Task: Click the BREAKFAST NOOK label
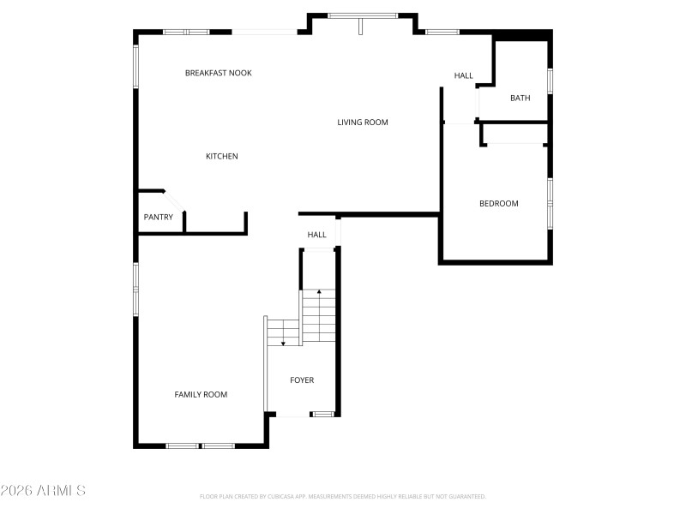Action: point(219,73)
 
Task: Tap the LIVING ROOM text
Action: point(362,123)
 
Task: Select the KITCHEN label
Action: point(221,156)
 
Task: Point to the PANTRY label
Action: point(158,217)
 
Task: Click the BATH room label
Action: point(520,98)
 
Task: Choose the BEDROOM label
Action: point(498,203)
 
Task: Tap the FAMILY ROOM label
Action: point(201,394)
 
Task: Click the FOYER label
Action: point(301,380)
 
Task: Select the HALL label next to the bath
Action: point(463,75)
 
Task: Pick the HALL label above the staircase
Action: point(317,235)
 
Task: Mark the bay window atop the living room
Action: point(362,15)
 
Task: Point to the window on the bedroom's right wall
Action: point(550,203)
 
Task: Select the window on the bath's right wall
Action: point(550,80)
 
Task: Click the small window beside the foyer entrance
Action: point(322,415)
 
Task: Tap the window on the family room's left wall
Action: point(135,290)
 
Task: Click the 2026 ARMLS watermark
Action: point(43,491)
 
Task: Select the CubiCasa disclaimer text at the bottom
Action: point(342,496)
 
